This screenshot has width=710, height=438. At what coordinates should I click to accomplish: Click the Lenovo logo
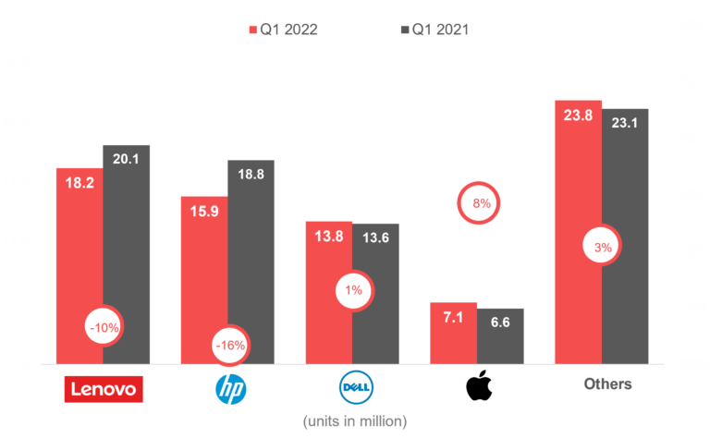[104, 390]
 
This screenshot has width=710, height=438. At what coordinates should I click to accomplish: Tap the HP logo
[230, 389]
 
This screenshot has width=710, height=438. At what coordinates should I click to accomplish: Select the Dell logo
[355, 388]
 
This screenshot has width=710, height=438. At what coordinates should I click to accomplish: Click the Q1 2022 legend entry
[284, 29]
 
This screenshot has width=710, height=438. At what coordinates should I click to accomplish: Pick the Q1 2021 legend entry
[434, 29]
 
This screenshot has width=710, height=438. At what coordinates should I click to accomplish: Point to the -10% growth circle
[103, 326]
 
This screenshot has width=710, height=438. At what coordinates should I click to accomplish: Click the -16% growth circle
[229, 346]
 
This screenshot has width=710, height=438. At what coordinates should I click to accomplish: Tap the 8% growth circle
[481, 203]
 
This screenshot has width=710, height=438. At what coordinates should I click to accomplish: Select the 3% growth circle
[603, 248]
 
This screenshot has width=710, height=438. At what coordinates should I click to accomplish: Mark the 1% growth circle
[354, 291]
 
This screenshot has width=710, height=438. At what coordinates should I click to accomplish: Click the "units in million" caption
[355, 421]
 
